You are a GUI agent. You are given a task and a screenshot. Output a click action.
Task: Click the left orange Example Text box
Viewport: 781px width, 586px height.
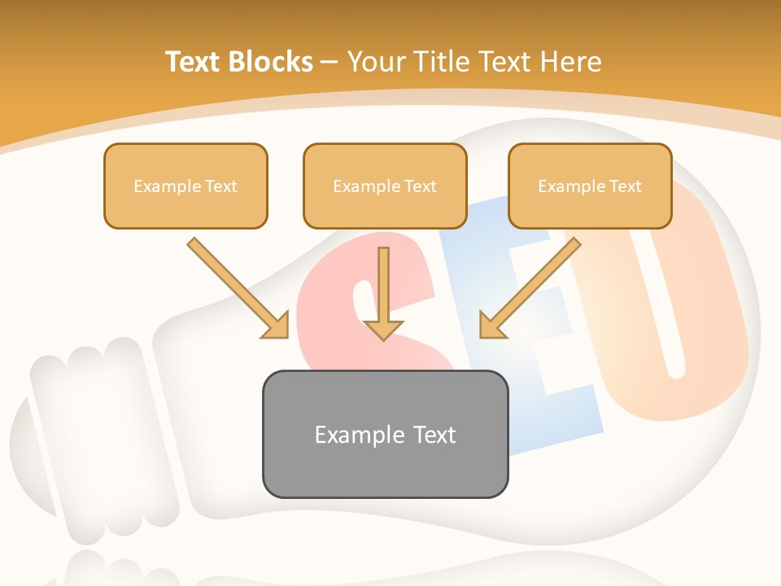pyautogui.click(x=185, y=186)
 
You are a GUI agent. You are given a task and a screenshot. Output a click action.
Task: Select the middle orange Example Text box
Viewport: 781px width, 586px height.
pyautogui.click(x=385, y=186)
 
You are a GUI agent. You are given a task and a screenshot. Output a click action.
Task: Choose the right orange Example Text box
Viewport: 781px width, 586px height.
pyautogui.click(x=590, y=186)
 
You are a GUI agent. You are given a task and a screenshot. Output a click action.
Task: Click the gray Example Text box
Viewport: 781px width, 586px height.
pyautogui.click(x=385, y=434)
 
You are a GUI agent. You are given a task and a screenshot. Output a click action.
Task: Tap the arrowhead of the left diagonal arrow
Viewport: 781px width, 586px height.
pyautogui.click(x=277, y=326)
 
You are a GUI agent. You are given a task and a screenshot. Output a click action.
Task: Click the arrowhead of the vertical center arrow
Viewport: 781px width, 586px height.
pyautogui.click(x=383, y=329)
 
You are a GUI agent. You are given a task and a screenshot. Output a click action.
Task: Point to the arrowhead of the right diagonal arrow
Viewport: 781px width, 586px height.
pyautogui.click(x=491, y=326)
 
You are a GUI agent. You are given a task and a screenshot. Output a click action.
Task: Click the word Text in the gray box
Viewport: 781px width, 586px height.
pyautogui.click(x=433, y=435)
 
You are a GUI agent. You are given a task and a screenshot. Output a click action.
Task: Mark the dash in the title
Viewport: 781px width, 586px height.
pyautogui.click(x=329, y=63)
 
